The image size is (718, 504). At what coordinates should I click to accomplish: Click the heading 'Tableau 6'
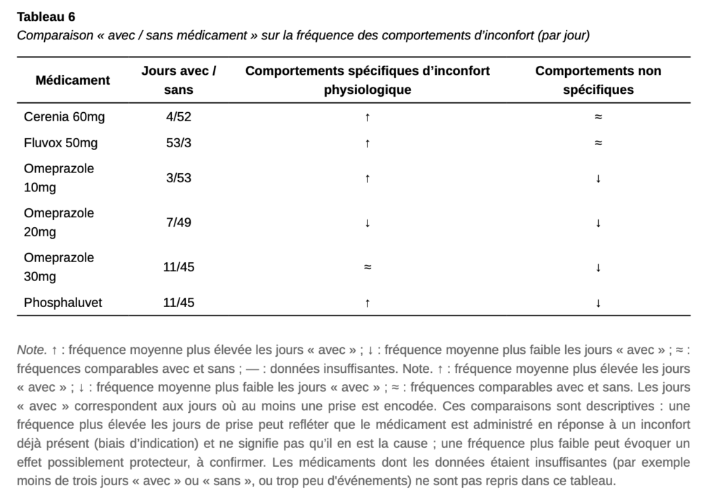pyautogui.click(x=46, y=17)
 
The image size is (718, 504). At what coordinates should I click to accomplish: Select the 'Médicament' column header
pyautogui.click(x=73, y=80)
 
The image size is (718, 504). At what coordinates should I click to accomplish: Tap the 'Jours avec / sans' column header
pyautogui.click(x=178, y=80)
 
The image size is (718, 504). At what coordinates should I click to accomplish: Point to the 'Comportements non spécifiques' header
pyautogui.click(x=598, y=80)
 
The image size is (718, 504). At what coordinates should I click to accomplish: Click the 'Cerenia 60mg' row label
pyautogui.click(x=65, y=117)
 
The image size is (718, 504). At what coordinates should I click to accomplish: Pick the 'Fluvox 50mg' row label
pyautogui.click(x=61, y=143)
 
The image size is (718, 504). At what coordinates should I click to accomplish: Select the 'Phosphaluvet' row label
pyautogui.click(x=63, y=303)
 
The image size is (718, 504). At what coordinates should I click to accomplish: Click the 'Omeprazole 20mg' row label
pyautogui.click(x=59, y=222)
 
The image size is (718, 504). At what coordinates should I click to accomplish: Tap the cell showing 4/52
pyautogui.click(x=178, y=117)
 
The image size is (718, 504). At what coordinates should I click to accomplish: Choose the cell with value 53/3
pyautogui.click(x=178, y=143)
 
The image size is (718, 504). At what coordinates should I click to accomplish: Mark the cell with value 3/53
pyautogui.click(x=178, y=178)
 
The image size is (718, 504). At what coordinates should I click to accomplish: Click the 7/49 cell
pyautogui.click(x=178, y=223)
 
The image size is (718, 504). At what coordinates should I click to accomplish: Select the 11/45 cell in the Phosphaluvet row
pyautogui.click(x=178, y=303)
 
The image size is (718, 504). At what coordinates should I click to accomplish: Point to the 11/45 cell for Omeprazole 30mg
pyautogui.click(x=178, y=267)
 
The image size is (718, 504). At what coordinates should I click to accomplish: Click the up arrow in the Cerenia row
pyautogui.click(x=367, y=117)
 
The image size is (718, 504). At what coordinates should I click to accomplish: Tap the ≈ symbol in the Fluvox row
pyautogui.click(x=598, y=143)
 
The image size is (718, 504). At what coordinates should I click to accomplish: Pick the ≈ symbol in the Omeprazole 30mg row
pyautogui.click(x=367, y=267)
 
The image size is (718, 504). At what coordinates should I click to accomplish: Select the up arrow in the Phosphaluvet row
pyautogui.click(x=367, y=303)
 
